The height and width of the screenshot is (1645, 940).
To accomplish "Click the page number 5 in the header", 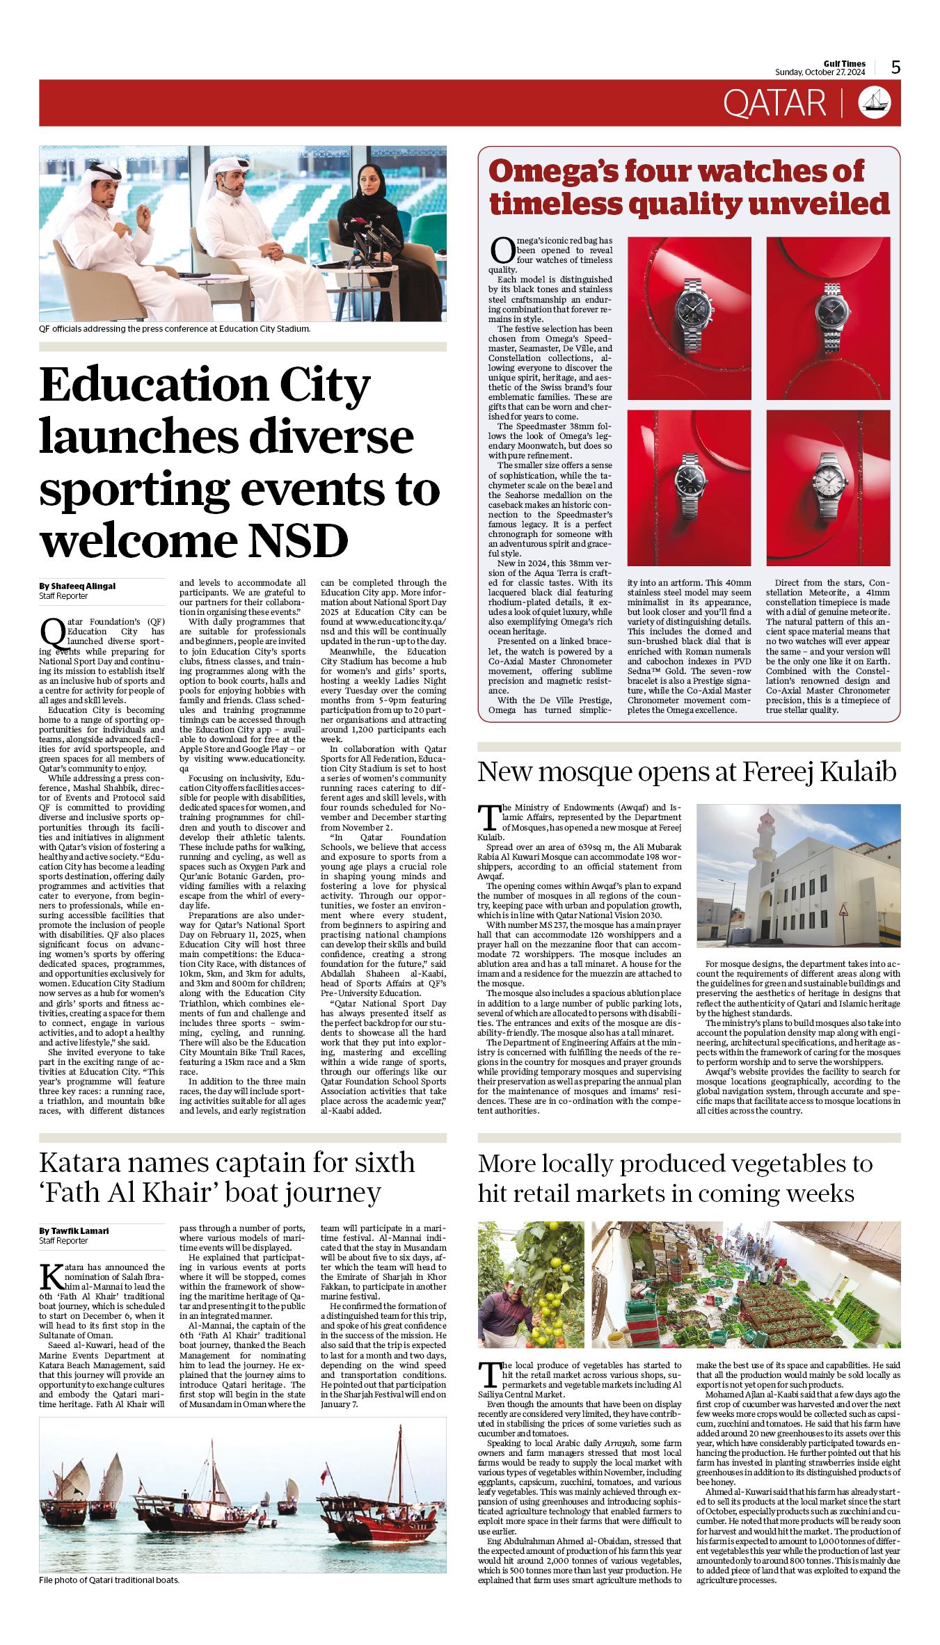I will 895,67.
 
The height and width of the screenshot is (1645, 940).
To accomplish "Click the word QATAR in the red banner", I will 774,103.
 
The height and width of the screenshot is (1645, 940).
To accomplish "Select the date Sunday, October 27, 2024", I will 820,72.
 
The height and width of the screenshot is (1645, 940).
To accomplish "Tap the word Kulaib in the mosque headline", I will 857,772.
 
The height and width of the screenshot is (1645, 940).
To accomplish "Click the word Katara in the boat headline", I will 84,1163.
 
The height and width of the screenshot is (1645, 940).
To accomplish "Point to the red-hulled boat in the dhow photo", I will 379,1520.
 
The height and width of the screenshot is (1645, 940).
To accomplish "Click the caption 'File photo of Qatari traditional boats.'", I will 109,1580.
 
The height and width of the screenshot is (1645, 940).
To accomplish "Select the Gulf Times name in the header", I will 845,63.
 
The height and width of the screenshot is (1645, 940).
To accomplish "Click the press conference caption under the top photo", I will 175,329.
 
